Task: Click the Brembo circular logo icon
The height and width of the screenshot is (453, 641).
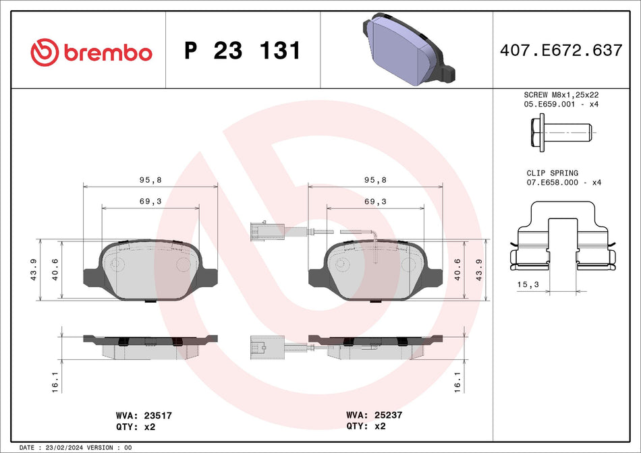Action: (x=45, y=51)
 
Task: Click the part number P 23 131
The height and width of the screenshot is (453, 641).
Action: (x=242, y=51)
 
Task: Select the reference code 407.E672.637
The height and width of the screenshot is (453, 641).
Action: (x=561, y=51)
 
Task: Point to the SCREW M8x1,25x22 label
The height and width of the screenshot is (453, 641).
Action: (x=561, y=95)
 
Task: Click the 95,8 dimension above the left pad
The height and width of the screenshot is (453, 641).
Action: (x=150, y=180)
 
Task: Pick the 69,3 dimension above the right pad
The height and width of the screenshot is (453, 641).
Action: (x=375, y=202)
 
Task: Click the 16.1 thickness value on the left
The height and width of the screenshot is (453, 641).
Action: (x=55, y=382)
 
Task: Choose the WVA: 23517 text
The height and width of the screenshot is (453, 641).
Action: (x=144, y=416)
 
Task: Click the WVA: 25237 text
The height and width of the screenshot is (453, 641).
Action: (x=374, y=415)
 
